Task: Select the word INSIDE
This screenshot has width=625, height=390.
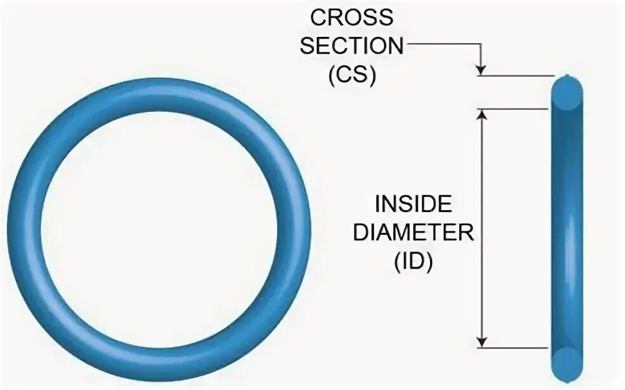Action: [413, 204]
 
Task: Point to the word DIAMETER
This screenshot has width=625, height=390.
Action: [413, 233]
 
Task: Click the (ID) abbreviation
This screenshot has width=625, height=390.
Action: [413, 262]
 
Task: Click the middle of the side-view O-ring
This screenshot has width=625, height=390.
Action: [567, 229]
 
